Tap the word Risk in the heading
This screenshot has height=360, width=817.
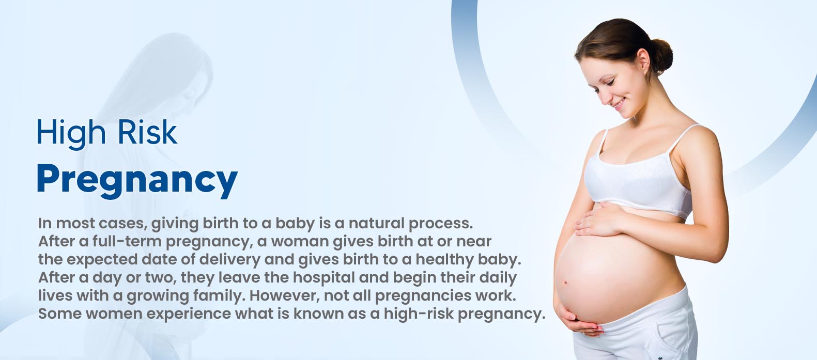click(x=147, y=132)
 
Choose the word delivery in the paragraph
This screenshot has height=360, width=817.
click(x=229, y=260)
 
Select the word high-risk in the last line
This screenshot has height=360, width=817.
click(x=419, y=314)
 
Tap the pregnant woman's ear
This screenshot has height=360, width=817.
click(x=643, y=61)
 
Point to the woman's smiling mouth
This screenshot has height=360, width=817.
click(x=619, y=103)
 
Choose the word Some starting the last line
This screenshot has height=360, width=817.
click(x=59, y=314)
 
